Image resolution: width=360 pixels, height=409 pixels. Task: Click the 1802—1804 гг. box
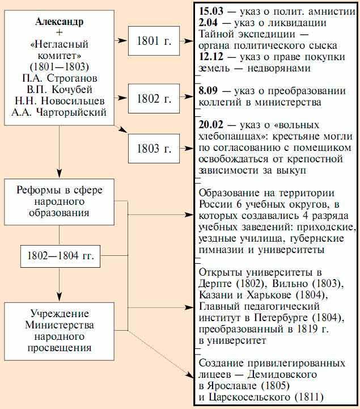60,257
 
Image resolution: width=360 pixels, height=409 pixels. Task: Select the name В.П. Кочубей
59,90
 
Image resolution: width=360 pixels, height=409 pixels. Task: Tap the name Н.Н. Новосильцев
59,101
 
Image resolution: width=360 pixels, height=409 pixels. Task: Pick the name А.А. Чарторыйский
59,112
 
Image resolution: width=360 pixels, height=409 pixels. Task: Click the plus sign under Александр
59,33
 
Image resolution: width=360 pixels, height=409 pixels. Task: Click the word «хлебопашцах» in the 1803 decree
230,136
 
